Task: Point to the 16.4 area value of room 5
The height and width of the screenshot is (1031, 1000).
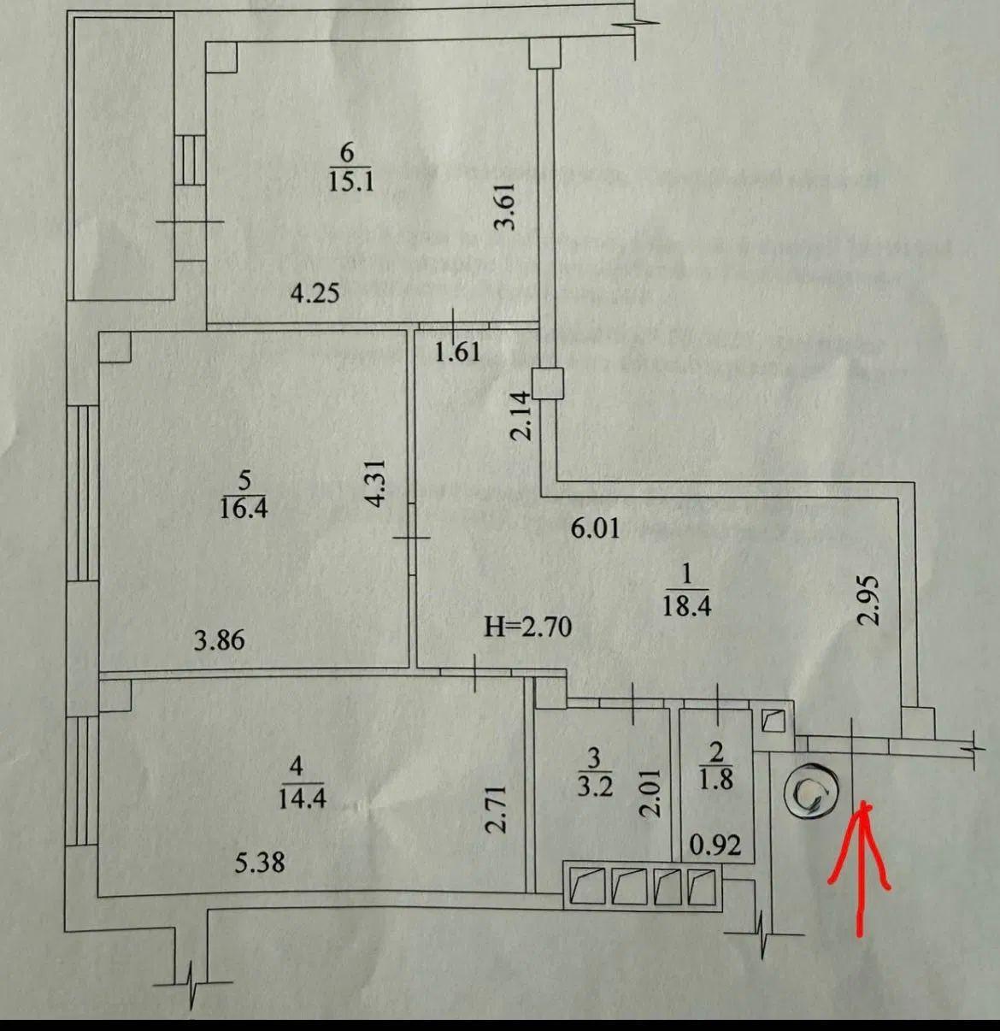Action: tap(244, 510)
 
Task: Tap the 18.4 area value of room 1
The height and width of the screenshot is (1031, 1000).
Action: tap(687, 606)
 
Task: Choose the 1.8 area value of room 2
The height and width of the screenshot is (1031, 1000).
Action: tap(716, 781)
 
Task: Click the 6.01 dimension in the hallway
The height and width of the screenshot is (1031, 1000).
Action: tap(595, 529)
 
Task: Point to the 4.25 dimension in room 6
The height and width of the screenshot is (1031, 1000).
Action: tap(315, 294)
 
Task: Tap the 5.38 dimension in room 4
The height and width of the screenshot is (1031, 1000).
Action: tap(260, 863)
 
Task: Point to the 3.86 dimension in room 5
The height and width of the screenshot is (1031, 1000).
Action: tap(219, 639)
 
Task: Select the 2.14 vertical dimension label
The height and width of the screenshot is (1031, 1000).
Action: tap(521, 415)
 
